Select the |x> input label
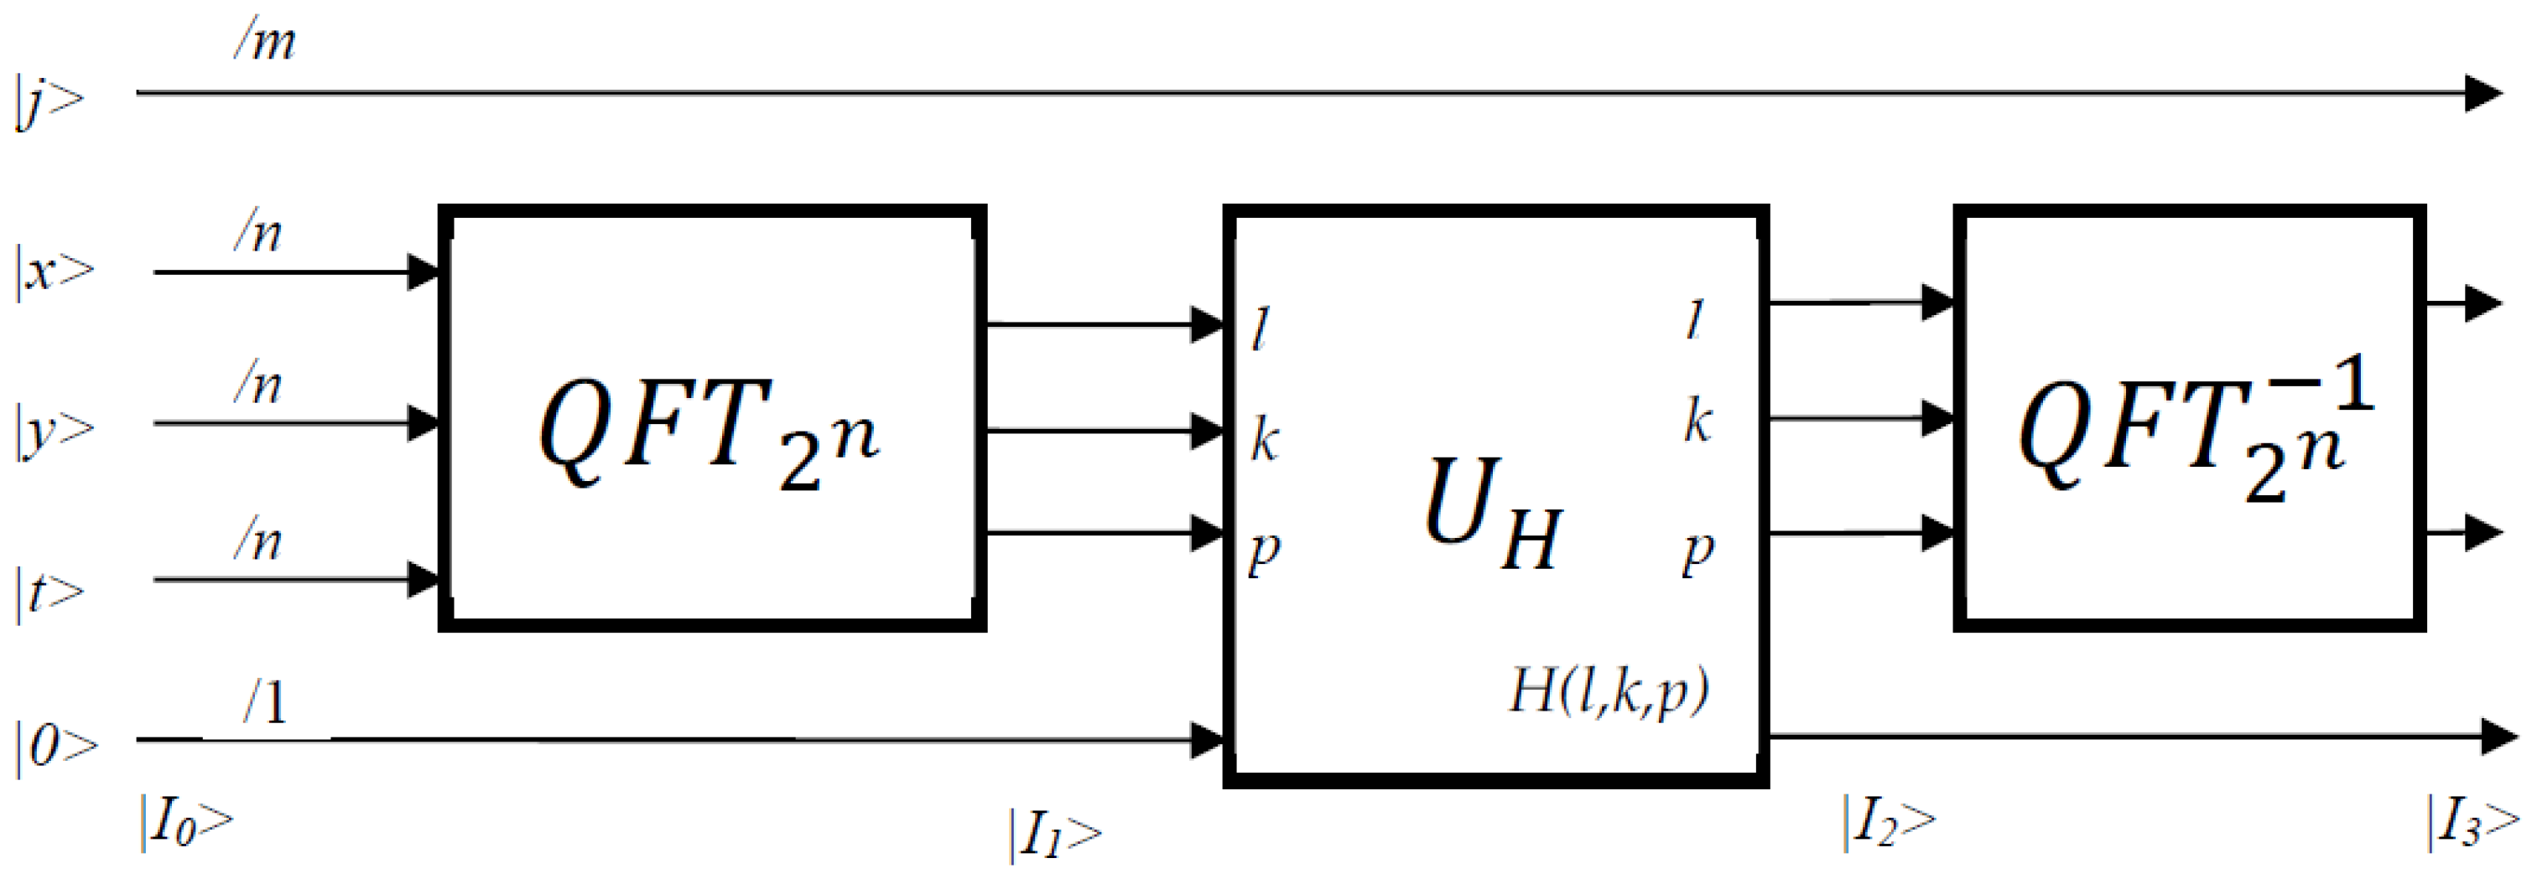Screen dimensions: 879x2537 pyautogui.click(x=55, y=271)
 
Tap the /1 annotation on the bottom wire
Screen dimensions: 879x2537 pyautogui.click(x=266, y=703)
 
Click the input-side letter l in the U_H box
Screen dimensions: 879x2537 pyautogui.click(x=1261, y=330)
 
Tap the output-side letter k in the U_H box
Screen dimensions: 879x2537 pyautogui.click(x=1697, y=421)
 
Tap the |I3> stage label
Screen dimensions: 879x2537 pyautogui.click(x=2472, y=823)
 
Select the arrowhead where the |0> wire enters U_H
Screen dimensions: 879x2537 pyautogui.click(x=1207, y=739)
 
